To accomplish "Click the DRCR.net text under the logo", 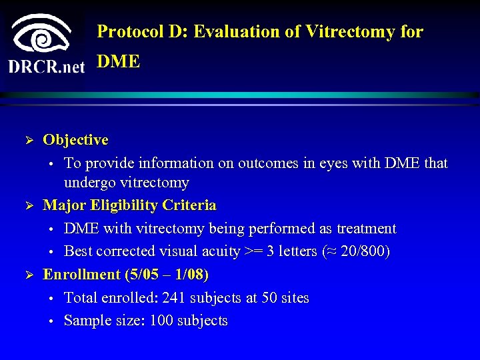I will [x=47, y=66].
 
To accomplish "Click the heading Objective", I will [x=75, y=140].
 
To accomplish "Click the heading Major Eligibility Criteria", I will [x=129, y=205].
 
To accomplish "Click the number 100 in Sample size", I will [x=161, y=321].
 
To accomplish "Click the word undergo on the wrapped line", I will [x=88, y=183].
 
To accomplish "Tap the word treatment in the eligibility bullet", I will [x=366, y=229].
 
